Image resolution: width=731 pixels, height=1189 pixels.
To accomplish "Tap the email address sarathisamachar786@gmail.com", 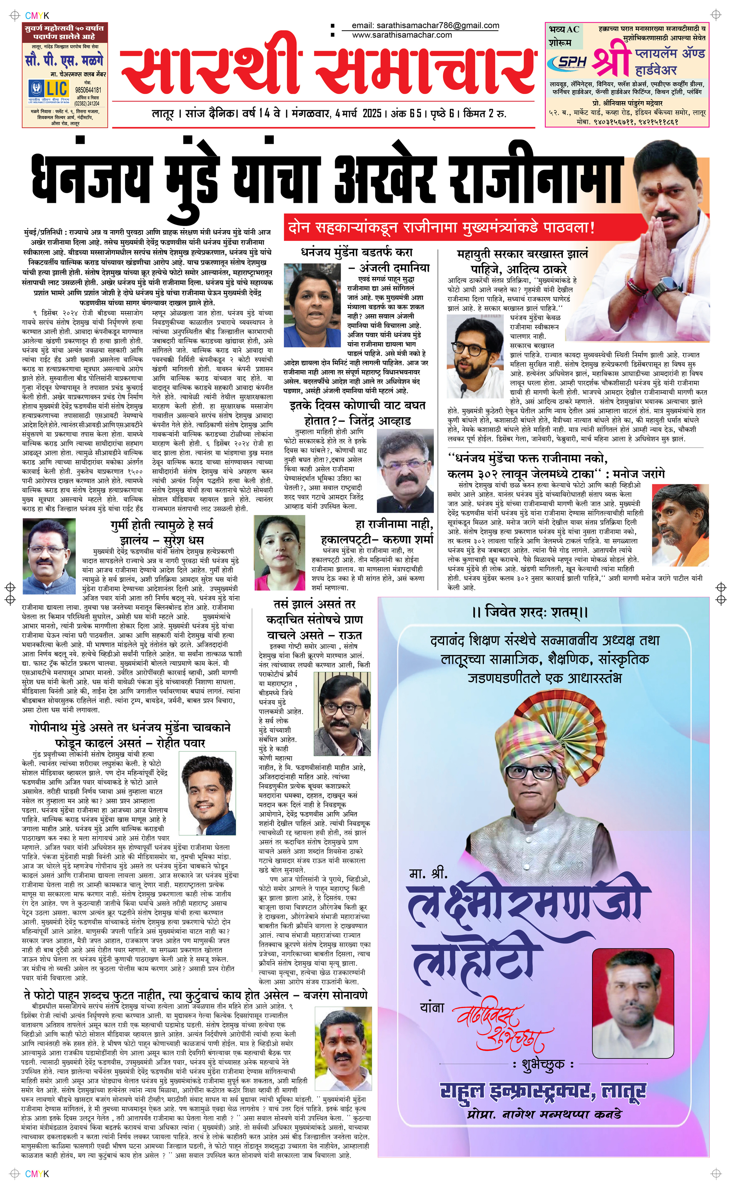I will (425, 25).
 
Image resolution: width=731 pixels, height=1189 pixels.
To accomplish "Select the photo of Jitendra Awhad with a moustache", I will (405, 471).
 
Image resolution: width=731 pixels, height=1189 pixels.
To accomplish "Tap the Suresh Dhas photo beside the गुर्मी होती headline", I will (49, 556).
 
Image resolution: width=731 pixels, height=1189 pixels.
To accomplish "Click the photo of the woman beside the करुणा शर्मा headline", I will (280, 553).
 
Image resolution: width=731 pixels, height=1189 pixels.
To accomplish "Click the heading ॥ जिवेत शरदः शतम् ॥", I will (530, 612).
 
